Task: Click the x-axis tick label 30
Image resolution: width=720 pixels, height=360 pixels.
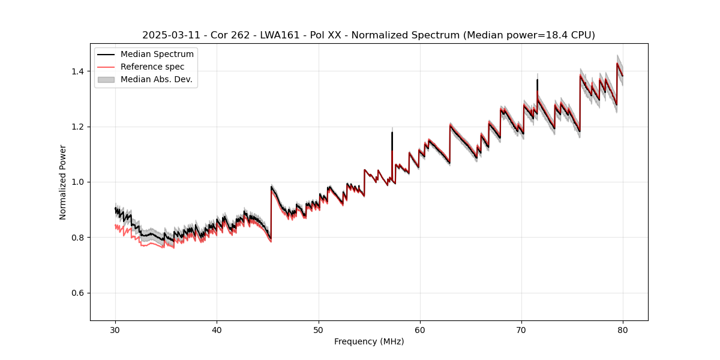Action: tap(115, 330)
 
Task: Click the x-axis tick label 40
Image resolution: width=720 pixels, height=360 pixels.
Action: tap(217, 330)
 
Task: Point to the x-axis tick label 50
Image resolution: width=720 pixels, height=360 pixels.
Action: tap(319, 330)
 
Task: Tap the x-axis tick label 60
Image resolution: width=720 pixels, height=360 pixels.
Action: tap(420, 330)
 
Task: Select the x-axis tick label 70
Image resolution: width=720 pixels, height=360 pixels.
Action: tap(521, 330)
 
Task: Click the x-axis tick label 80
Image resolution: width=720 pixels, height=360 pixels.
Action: tap(623, 330)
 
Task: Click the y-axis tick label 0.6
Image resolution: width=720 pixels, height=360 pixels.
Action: tap(77, 293)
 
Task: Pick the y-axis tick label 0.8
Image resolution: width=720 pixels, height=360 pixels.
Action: tap(77, 238)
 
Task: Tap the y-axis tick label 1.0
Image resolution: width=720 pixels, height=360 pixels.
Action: tap(77, 182)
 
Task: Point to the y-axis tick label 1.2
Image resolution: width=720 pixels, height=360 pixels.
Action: tap(77, 127)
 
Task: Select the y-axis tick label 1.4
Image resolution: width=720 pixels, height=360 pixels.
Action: tap(77, 71)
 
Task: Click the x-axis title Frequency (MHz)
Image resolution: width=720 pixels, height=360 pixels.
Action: tap(369, 342)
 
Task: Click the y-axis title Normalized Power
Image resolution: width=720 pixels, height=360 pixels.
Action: tap(63, 182)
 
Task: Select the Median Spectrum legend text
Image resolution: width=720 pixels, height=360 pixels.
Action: tap(157, 55)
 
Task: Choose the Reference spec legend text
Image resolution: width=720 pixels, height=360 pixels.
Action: tap(152, 67)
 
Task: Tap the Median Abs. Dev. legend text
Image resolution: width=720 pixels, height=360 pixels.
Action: tap(157, 79)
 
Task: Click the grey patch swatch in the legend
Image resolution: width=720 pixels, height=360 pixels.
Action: tap(106, 79)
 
